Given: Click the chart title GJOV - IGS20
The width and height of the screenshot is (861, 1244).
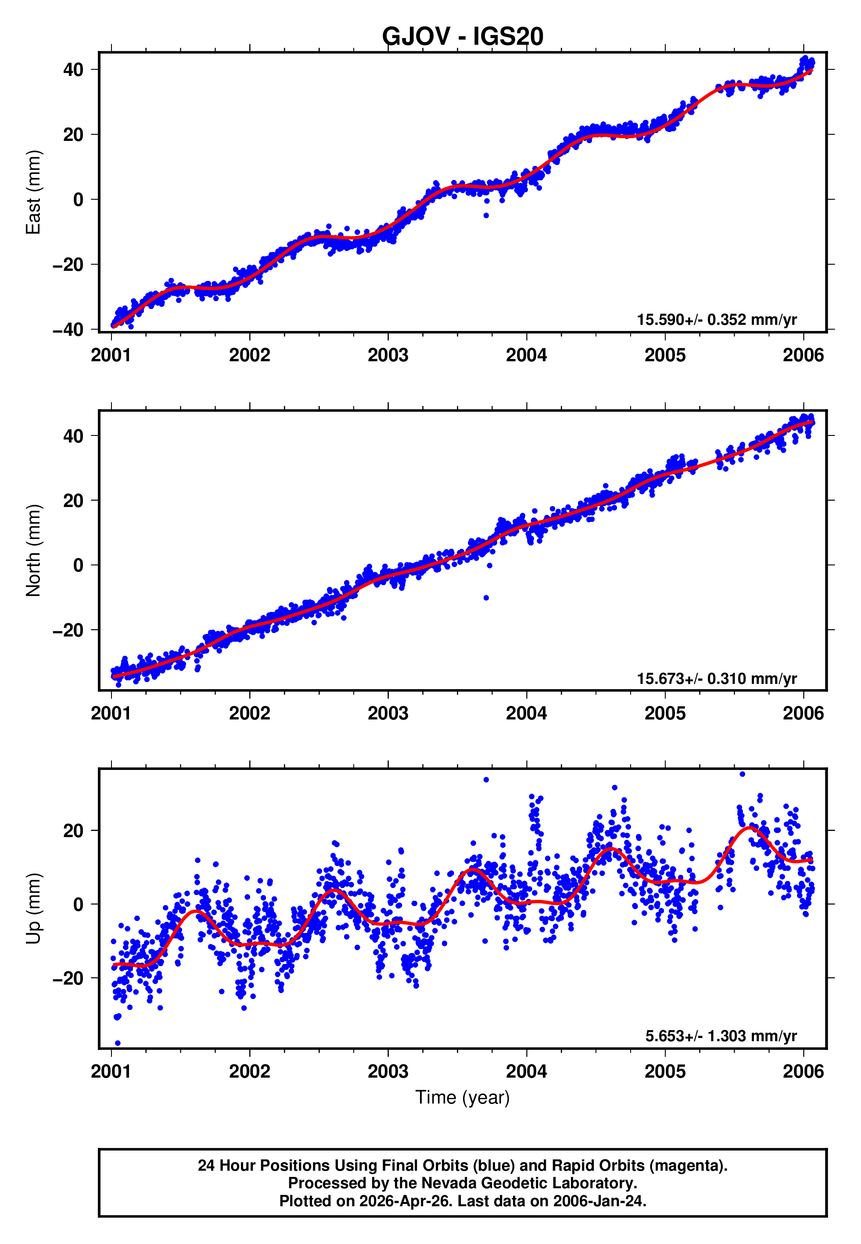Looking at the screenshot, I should [x=463, y=37].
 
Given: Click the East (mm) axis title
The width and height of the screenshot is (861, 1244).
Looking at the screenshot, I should [x=33, y=192].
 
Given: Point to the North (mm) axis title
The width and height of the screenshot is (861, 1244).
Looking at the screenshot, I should [x=33, y=550].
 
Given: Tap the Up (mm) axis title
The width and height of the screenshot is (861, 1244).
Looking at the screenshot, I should [x=33, y=909].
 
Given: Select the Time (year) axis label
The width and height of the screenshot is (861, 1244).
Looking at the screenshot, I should [x=463, y=1098].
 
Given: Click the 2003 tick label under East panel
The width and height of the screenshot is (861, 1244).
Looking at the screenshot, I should [x=388, y=356].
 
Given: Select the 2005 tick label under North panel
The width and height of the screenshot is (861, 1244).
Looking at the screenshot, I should [x=665, y=714].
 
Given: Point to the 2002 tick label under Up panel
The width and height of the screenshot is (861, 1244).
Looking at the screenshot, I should [x=249, y=1071].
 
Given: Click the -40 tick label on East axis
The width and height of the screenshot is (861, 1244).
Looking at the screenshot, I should [x=68, y=330].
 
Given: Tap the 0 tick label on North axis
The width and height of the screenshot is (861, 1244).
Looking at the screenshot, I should [x=79, y=565].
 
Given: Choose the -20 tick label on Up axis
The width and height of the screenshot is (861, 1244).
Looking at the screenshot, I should [x=68, y=978].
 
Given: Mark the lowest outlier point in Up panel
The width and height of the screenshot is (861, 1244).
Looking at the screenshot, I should [x=118, y=1043].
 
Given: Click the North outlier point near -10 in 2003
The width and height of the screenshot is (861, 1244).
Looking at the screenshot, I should [x=486, y=598].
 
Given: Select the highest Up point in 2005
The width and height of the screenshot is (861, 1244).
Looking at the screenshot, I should [x=743, y=774].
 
